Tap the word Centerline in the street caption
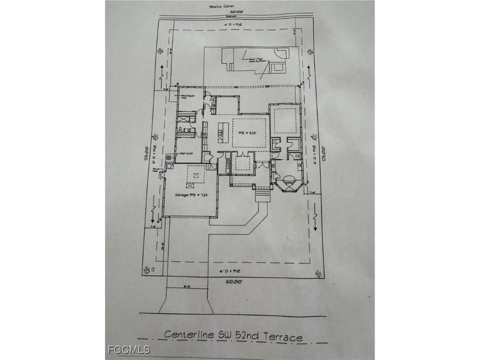tap(189, 335)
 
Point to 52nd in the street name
tap(241, 336)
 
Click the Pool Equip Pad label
tap(187, 97)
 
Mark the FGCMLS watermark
tap(128, 350)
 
